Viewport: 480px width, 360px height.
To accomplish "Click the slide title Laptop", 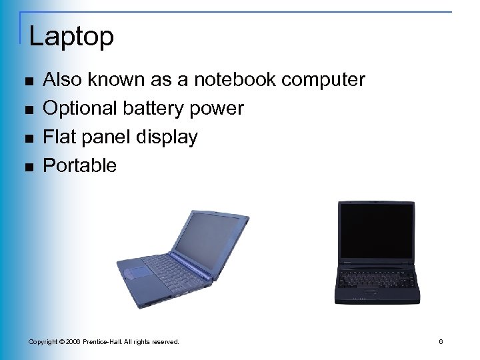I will [x=71, y=36].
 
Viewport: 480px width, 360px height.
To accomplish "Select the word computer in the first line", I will [x=323, y=80].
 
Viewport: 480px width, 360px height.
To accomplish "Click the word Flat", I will [x=57, y=137].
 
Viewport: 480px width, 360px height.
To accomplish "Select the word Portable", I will [x=79, y=165].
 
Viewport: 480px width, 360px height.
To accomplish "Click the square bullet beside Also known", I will [x=27, y=81].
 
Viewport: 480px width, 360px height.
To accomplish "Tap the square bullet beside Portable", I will [x=27, y=167].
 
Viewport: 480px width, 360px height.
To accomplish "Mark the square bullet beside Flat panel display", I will [x=27, y=139].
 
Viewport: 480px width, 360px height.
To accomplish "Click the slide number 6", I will [x=441, y=342].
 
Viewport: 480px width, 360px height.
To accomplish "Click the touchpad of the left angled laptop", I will [x=137, y=271].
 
